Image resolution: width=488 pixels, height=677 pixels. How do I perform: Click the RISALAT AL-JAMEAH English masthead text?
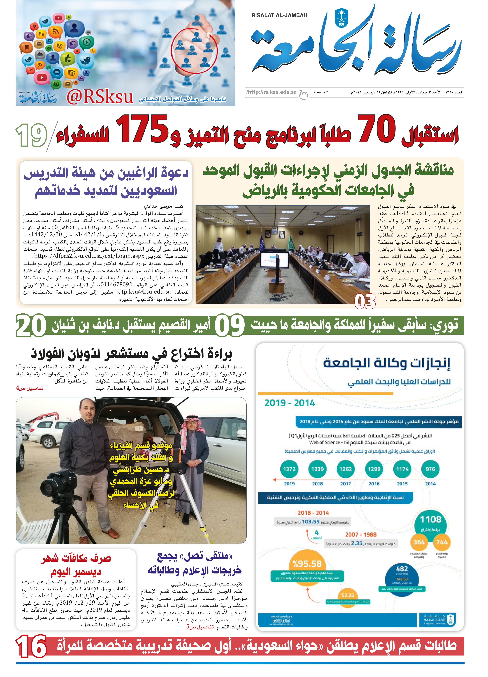[279, 15]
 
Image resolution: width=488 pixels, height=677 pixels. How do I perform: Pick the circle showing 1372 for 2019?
[289, 469]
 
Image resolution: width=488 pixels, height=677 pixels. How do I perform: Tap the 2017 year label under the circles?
[346, 484]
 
